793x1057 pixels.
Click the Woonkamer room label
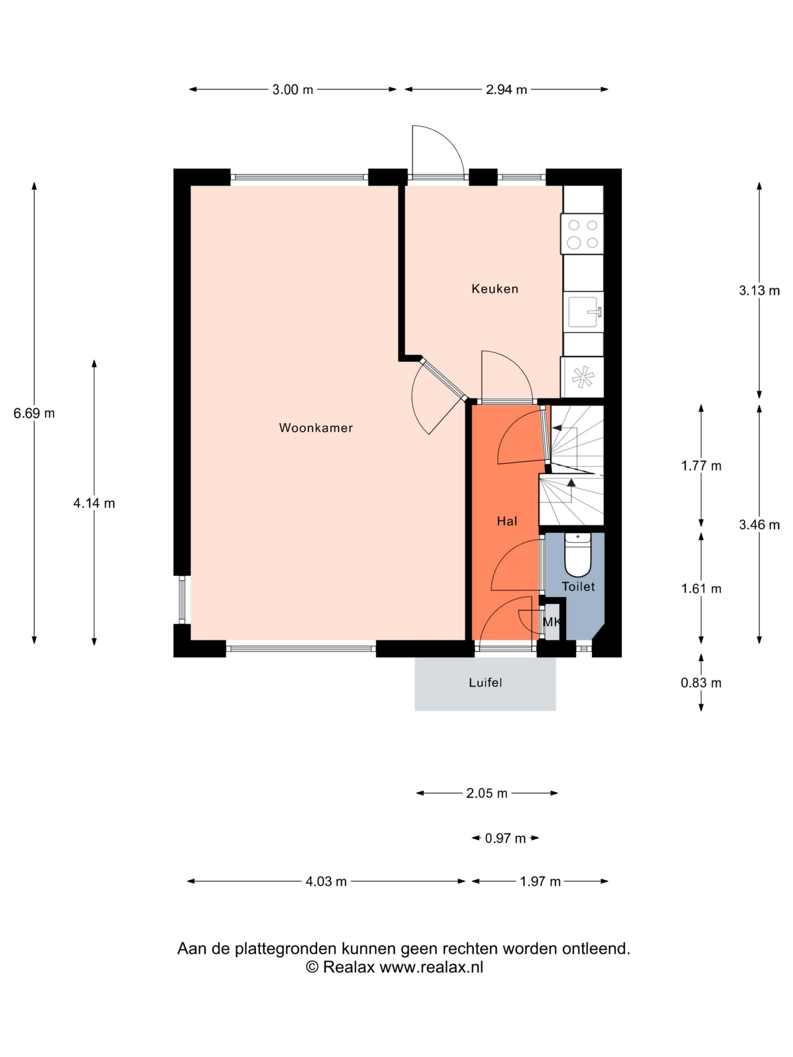(316, 428)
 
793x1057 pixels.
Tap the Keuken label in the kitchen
(495, 289)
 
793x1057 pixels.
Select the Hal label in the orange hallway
(507, 521)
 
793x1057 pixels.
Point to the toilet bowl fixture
(578, 555)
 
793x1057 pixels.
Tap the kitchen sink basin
(583, 312)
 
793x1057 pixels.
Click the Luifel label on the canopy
(485, 683)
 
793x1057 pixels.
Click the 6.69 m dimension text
(34, 413)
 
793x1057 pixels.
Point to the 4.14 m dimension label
(94, 503)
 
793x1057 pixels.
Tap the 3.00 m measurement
(292, 89)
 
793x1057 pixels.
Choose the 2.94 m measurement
(506, 89)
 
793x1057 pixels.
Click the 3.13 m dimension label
(759, 291)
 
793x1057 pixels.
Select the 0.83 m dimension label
(701, 683)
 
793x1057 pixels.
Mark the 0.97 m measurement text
(505, 838)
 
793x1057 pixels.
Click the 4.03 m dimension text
(326, 882)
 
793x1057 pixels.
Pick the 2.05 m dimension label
(487, 793)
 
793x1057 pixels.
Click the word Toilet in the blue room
(578, 586)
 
